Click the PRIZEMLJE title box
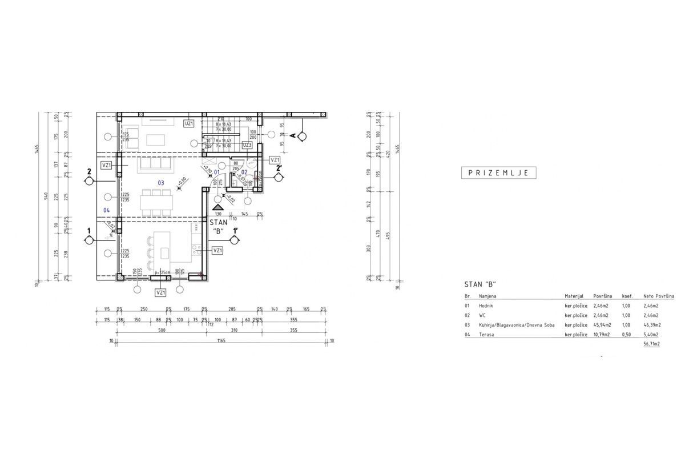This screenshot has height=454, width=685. (x=498, y=172)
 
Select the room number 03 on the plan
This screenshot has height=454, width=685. (x=161, y=183)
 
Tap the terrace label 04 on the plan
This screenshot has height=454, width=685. (x=107, y=210)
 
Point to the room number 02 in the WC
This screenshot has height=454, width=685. (x=244, y=172)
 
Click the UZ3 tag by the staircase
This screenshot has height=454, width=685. (x=247, y=146)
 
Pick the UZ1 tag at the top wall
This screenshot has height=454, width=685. (x=190, y=123)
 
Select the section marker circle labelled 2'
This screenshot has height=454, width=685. (x=279, y=177)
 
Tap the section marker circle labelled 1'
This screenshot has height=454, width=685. (x=234, y=240)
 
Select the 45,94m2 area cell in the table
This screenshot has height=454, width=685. (x=602, y=324)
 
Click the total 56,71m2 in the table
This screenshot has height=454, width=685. (x=651, y=344)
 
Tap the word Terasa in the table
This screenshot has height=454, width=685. (x=486, y=334)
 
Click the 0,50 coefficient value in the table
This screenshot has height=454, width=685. (x=627, y=334)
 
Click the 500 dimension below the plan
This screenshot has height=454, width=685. (x=145, y=330)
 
